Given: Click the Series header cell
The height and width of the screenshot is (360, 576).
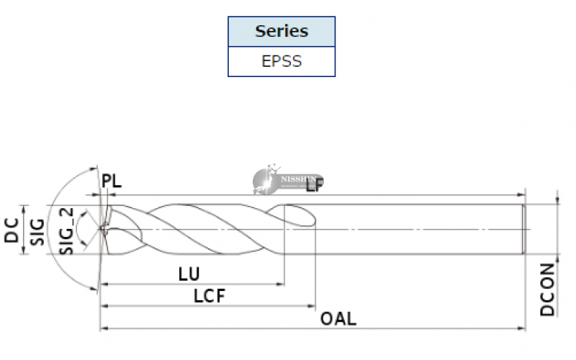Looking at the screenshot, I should click(x=282, y=32).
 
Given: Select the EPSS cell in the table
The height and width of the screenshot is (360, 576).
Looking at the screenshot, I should click(x=282, y=60).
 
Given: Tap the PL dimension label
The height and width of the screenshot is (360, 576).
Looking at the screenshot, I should click(x=112, y=181).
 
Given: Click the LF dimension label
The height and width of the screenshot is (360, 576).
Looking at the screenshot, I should click(x=315, y=185).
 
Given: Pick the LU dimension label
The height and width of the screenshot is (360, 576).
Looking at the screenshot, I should click(x=188, y=274).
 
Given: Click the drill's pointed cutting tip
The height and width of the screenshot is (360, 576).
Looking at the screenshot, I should click(x=99, y=230).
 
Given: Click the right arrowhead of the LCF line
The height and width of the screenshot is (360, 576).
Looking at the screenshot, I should click(x=312, y=306).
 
